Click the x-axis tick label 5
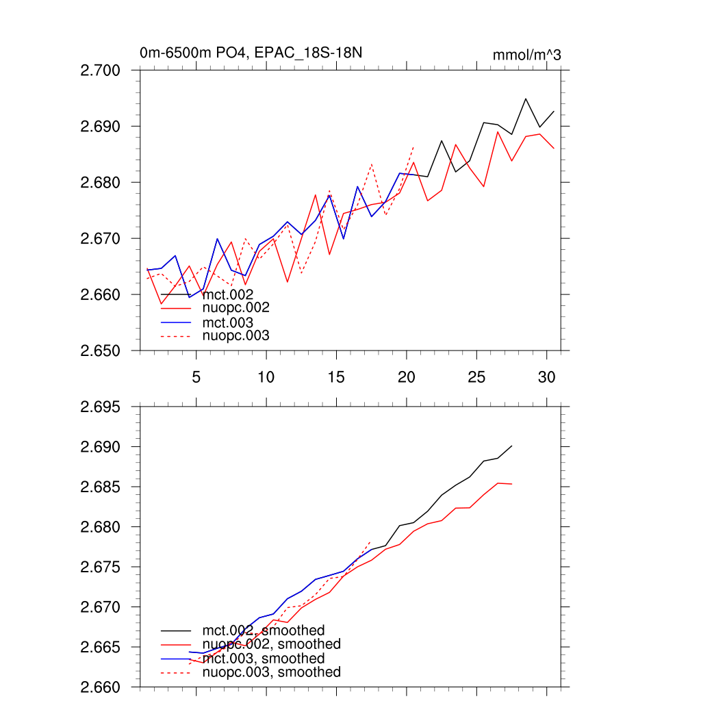tap(196, 377)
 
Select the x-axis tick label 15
tap(335, 377)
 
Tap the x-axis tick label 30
tap(546, 377)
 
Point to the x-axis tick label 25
tap(476, 377)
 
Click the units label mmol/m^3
tap(526, 55)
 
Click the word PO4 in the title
tap(220, 53)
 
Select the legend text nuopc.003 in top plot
tap(235, 335)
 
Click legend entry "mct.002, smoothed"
tap(263, 630)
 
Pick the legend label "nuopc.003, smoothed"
tap(271, 672)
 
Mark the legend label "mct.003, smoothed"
tap(263, 658)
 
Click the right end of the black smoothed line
tap(512, 446)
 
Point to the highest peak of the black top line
tap(526, 99)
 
